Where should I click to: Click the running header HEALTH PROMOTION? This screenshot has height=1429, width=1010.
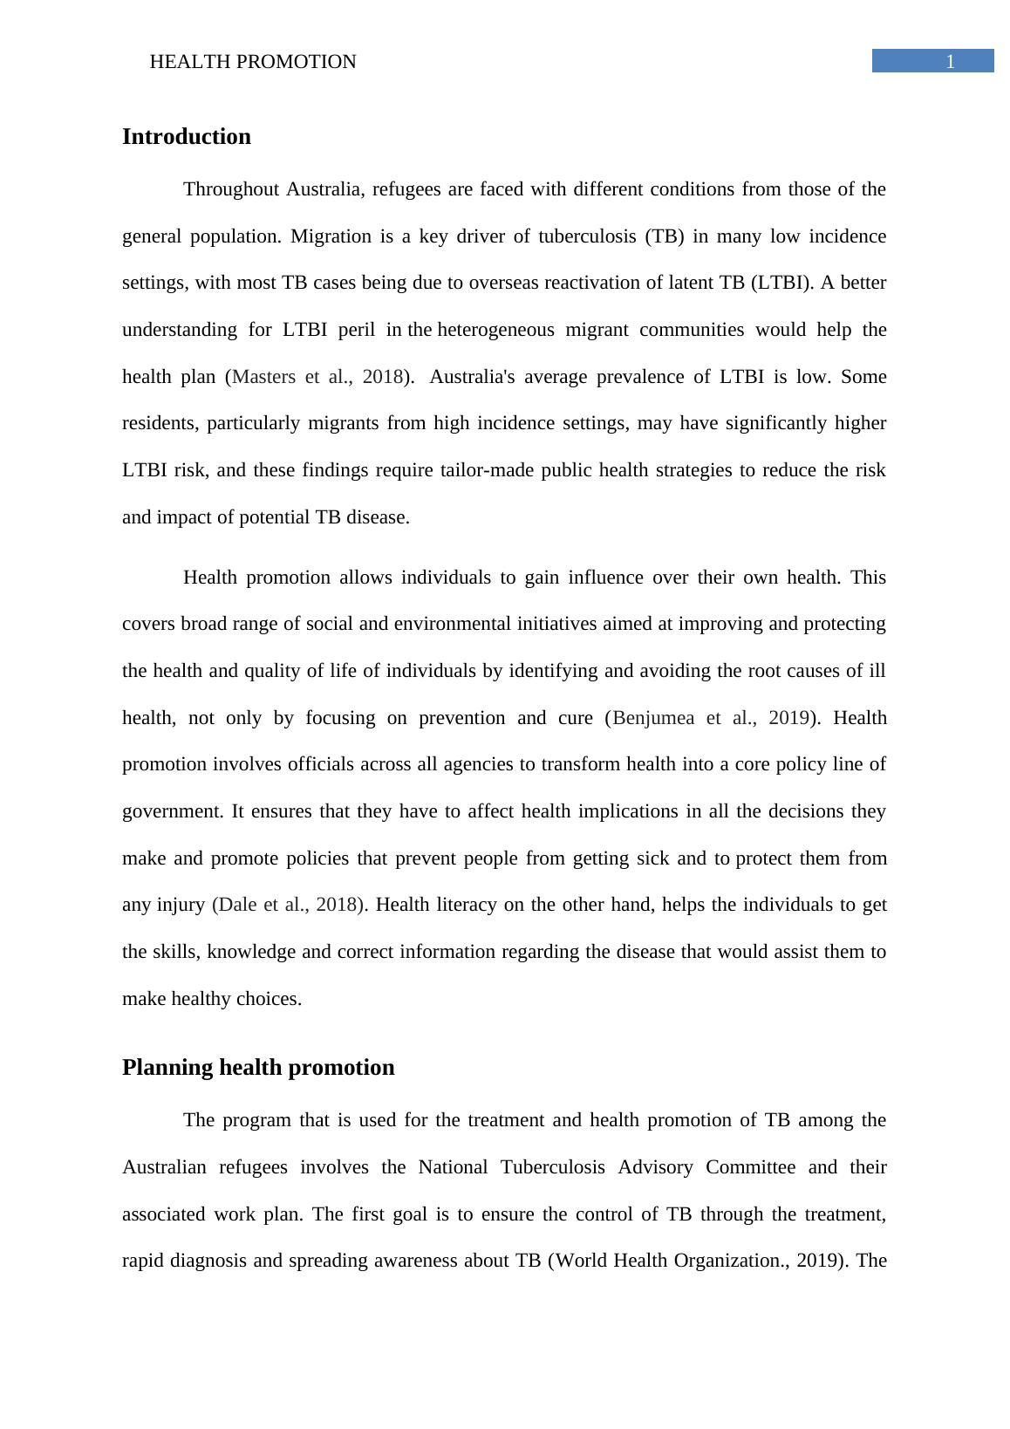coord(253,62)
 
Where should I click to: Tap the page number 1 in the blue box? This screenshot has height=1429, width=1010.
coord(950,62)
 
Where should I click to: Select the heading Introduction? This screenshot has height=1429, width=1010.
coord(186,137)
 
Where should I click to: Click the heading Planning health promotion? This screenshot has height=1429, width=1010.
coord(258,1068)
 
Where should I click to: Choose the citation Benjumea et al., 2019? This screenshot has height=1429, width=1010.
coord(711,718)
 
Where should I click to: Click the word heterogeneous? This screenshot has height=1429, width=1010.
coord(495,330)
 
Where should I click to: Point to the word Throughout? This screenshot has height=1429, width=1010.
coord(231,189)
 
